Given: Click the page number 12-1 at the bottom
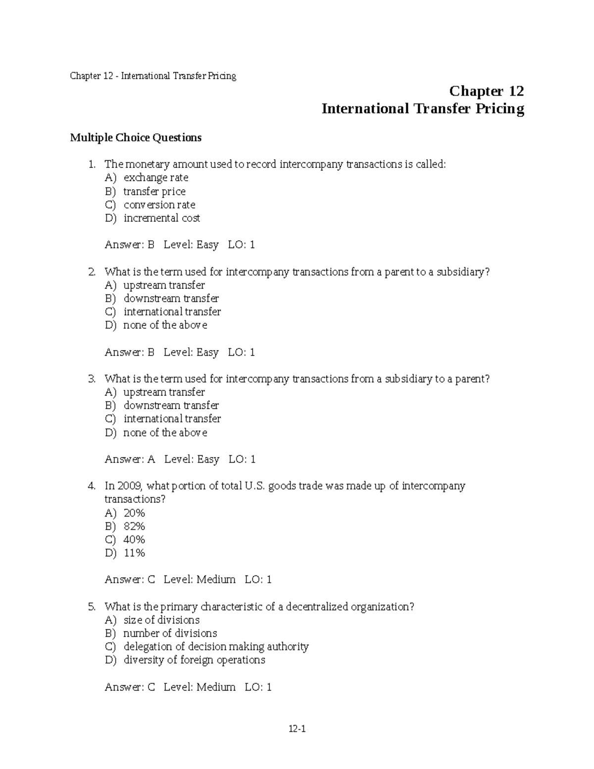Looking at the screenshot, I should [297, 728].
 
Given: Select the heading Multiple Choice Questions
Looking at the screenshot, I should [136, 138].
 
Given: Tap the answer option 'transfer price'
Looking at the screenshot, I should [154, 192].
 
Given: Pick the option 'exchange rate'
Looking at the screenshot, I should [156, 178].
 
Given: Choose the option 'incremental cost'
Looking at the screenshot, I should [162, 218].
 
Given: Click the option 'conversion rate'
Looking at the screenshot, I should [159, 205].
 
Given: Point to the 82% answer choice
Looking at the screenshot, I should [134, 526].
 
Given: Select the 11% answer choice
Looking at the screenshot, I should [134, 553].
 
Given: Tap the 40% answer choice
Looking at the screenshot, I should [134, 540].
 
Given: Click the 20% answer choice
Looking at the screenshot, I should [134, 513].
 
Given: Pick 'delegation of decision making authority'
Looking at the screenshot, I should [216, 647].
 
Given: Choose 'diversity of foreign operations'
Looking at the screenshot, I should [194, 660].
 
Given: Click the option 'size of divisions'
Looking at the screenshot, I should [161, 620].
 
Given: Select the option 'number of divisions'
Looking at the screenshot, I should [170, 633].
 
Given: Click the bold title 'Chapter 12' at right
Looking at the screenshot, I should [486, 92].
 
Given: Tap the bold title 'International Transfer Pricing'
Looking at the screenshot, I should [423, 109].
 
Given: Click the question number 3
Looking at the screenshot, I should [92, 379].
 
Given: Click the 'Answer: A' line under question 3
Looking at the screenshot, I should [130, 460].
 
